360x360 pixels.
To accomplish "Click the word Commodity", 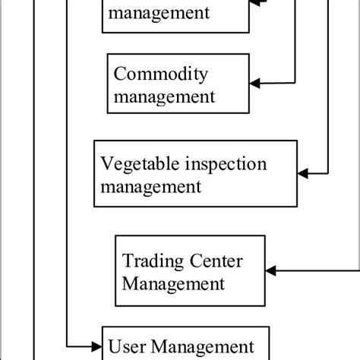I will tap(159, 74).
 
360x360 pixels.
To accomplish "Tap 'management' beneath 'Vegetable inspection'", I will tap(150, 185).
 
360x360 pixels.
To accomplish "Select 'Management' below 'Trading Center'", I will tap(174, 284).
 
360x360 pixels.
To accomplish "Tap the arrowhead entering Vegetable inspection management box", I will tap(302, 174).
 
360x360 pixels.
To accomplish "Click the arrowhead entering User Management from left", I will tap(96, 346).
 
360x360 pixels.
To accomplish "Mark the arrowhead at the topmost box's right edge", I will tap(256, 4).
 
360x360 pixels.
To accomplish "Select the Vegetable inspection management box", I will tap(194, 173).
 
